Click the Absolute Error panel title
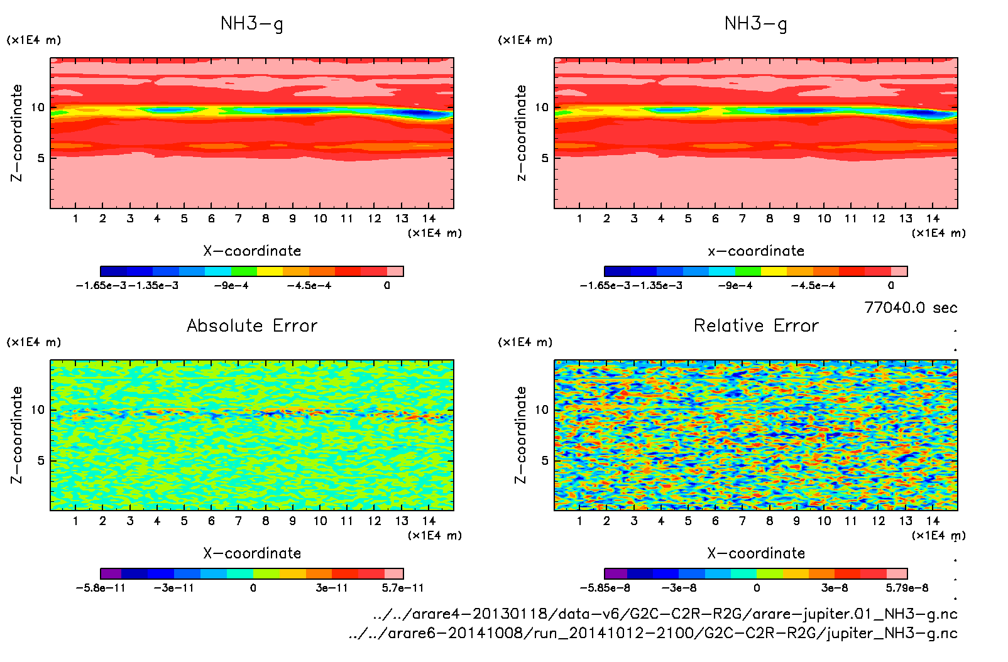252,325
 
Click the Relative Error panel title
756,325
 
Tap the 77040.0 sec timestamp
911,308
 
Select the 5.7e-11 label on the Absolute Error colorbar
402,588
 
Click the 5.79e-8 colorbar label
907,588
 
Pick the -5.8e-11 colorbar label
101,588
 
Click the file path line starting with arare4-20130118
665,614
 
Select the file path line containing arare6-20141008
653,633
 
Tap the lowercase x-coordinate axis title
756,251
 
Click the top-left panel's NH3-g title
252,24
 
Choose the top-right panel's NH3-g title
756,24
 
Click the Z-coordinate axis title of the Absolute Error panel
17,435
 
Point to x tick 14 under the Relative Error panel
933,521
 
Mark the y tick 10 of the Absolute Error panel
38,410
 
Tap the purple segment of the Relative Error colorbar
616,573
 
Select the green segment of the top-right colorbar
748,271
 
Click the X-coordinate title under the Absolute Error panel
252,553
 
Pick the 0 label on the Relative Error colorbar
757,588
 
